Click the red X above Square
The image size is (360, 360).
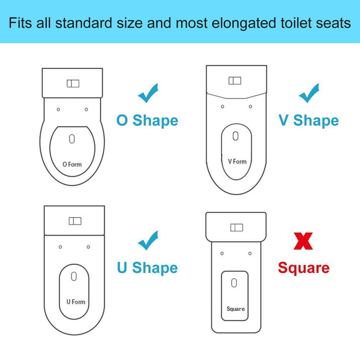303,242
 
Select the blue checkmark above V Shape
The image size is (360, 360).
309,93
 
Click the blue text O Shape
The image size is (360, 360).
147,121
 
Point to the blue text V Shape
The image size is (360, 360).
309,121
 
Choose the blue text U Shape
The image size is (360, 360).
148,268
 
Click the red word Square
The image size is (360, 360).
304,268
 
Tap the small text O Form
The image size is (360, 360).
71,164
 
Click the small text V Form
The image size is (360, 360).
237,162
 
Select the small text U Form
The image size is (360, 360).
76,302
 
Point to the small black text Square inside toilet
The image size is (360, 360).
236,309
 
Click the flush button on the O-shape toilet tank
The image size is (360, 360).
73,84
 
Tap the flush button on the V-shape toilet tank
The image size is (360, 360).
235,81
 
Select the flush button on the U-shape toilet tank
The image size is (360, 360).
75,221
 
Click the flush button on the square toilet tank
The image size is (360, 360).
236,228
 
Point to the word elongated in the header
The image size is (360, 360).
248,24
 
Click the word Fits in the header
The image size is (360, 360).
22,24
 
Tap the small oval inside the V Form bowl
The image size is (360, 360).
236,136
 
